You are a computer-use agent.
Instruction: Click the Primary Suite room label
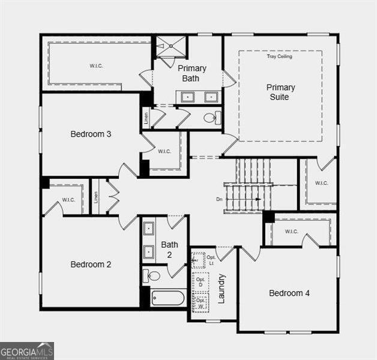pos(281,92)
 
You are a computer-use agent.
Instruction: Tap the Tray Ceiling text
pos(280,56)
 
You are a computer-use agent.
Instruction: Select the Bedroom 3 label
pos(91,134)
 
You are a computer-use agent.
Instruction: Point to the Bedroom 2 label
pos(91,264)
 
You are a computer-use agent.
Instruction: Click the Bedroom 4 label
pos(289,293)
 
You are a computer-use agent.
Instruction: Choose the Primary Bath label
pos(192,73)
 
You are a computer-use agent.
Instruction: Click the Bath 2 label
pos(170,250)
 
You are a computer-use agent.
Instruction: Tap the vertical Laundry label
pos(221,288)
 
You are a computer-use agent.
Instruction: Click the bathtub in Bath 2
pos(168,297)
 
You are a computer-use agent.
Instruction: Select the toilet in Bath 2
pos(152,276)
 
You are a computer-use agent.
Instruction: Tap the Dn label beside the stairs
pos(220,199)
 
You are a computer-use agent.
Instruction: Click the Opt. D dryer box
pos(201,281)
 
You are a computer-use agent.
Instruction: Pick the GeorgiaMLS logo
pos(27,350)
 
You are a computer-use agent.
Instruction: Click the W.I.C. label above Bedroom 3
pos(96,65)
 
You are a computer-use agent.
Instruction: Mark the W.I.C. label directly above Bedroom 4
pos(292,232)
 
